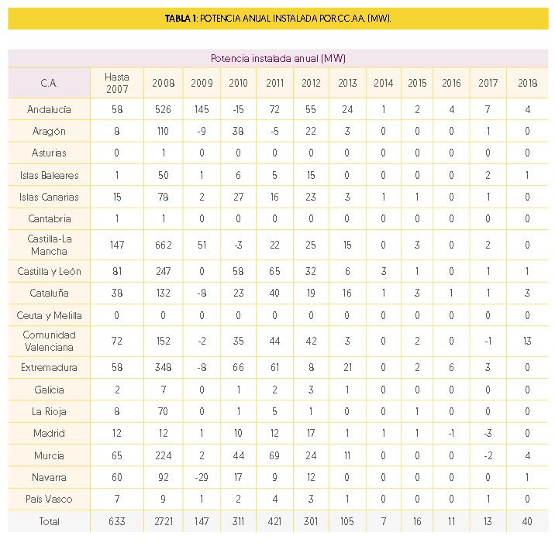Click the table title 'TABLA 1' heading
click(x=277, y=18)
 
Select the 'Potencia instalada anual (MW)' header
click(x=277, y=58)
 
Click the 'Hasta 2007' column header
click(x=116, y=83)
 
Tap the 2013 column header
click(x=347, y=83)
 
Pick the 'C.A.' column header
click(x=49, y=83)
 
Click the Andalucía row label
click(x=49, y=109)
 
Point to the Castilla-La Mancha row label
click(x=49, y=245)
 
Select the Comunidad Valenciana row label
click(x=49, y=342)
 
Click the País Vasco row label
click(x=49, y=499)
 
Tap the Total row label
click(x=49, y=521)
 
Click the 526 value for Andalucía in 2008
click(x=163, y=109)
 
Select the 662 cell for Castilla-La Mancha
click(x=163, y=246)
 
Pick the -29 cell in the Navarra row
click(x=201, y=477)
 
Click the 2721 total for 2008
click(x=163, y=521)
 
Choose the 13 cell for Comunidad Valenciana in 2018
click(x=527, y=342)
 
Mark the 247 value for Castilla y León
click(x=163, y=272)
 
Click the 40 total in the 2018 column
click(x=527, y=521)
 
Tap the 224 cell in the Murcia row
click(x=163, y=455)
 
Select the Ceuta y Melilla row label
click(x=49, y=315)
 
